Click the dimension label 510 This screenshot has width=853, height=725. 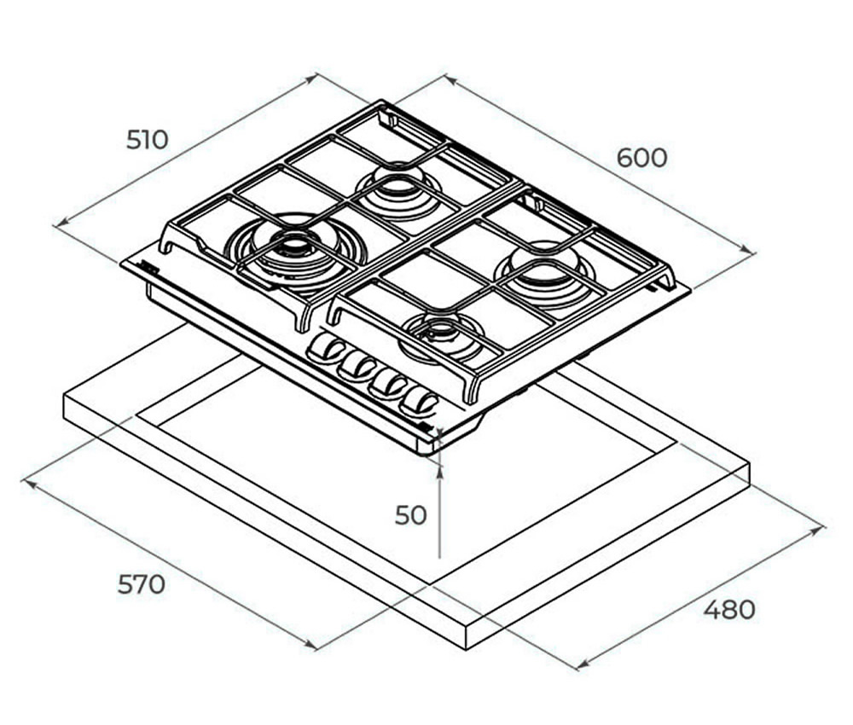(148, 140)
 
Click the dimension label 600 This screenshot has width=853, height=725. (642, 158)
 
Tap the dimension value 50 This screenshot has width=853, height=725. (411, 515)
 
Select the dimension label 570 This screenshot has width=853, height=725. (142, 584)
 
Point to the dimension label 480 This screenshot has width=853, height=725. (729, 610)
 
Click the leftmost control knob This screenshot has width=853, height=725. (326, 347)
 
